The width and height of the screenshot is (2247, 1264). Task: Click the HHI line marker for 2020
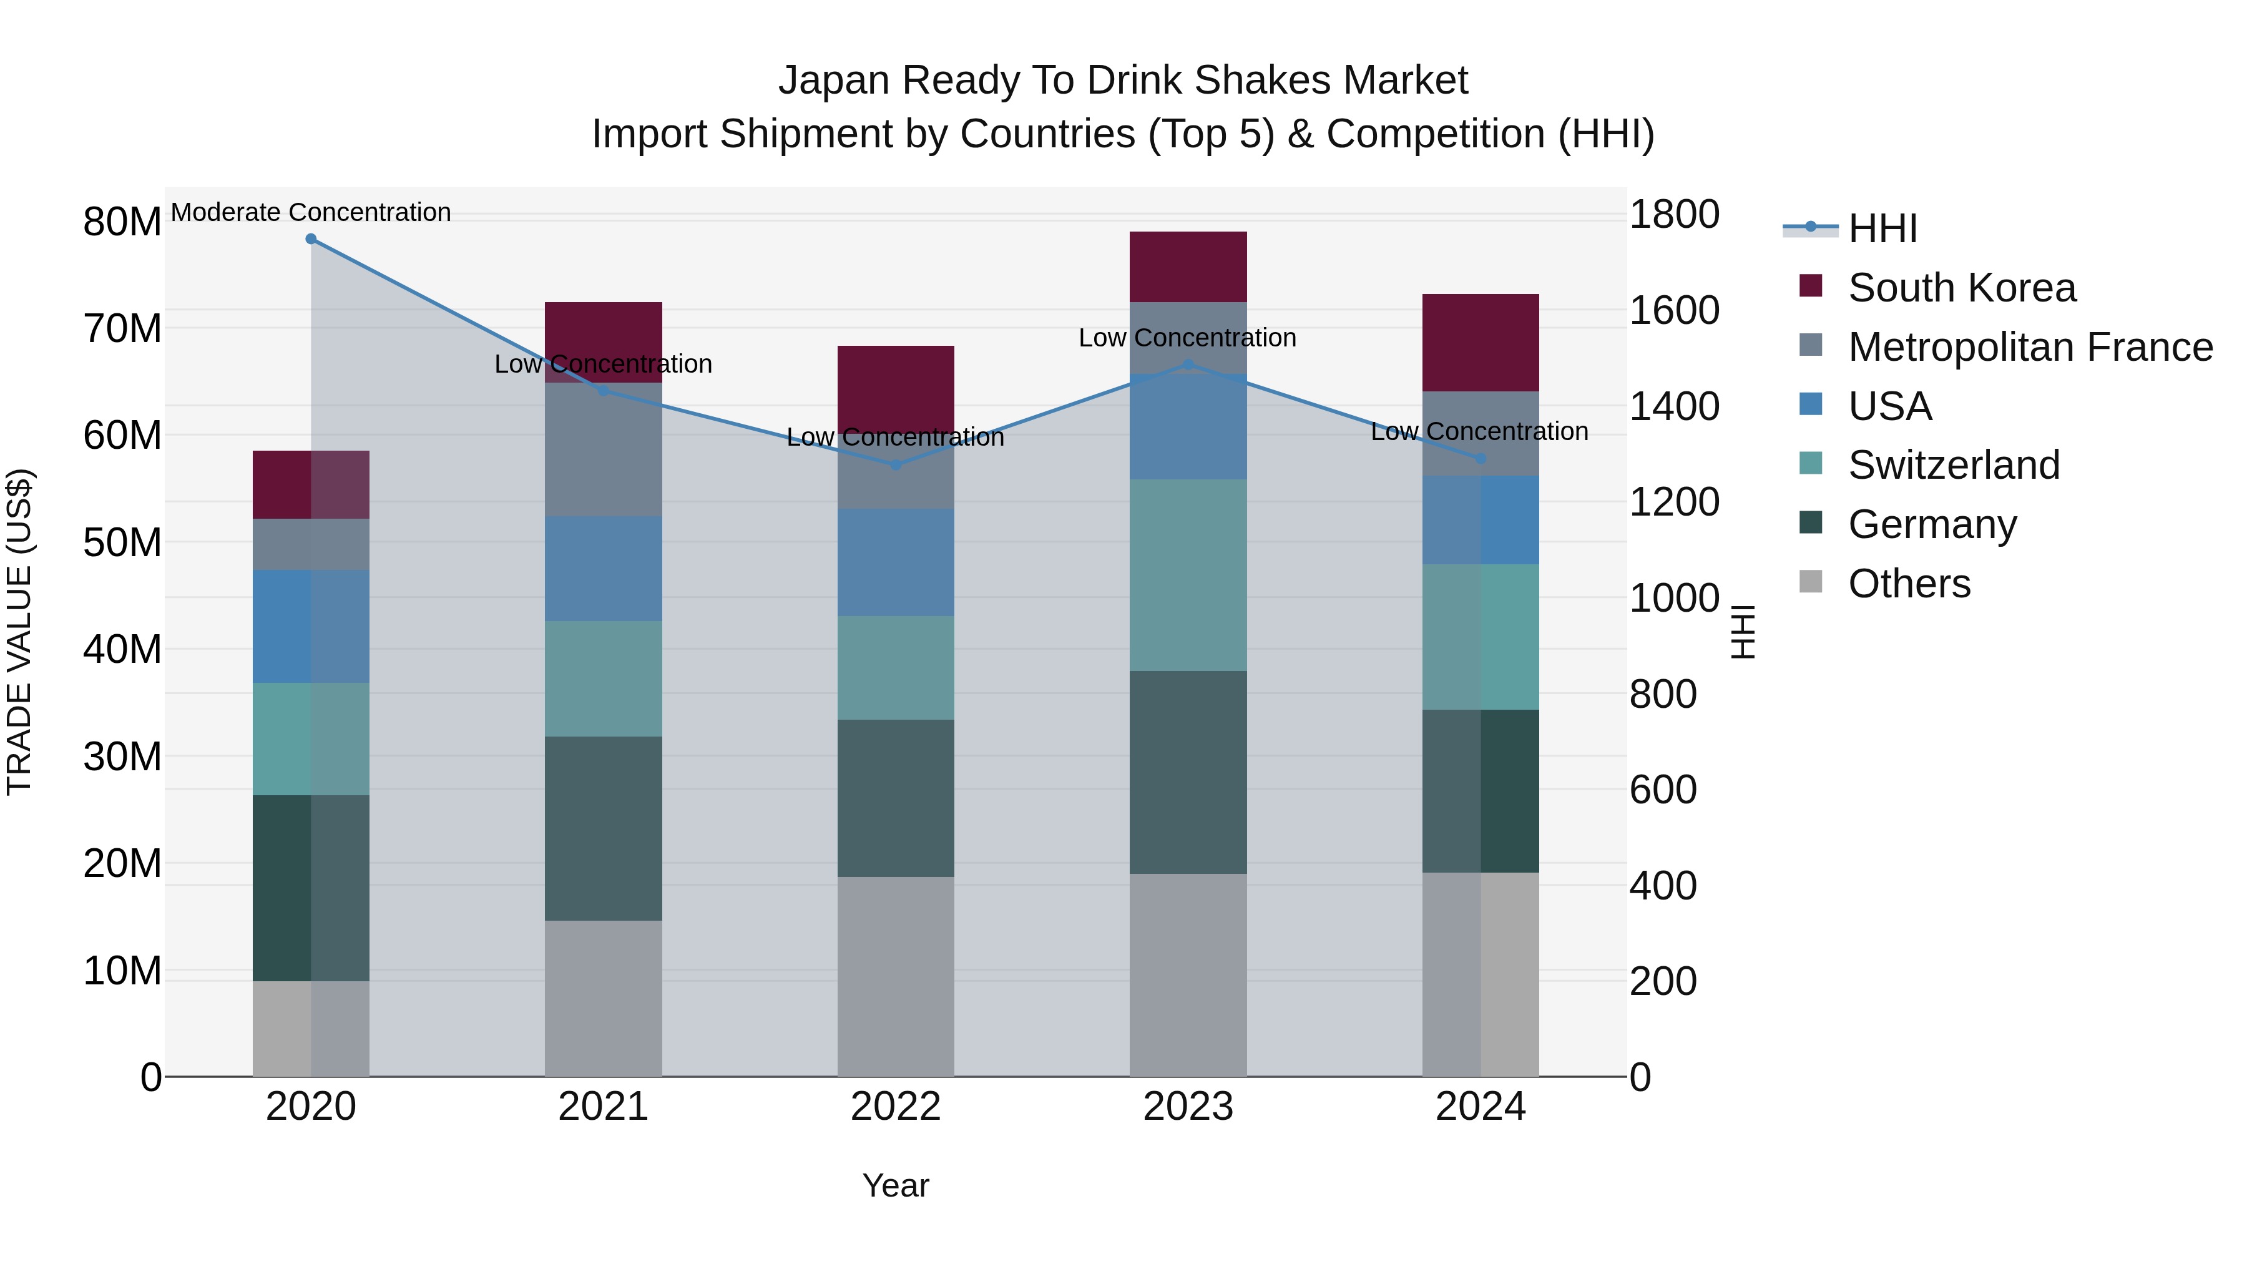[x=311, y=239]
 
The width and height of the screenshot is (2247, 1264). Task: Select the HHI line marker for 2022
[x=895, y=465]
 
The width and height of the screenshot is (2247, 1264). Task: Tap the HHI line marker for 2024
[x=1481, y=459]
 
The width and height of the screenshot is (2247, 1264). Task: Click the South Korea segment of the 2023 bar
[x=1188, y=267]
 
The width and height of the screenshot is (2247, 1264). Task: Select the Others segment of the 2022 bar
[x=895, y=976]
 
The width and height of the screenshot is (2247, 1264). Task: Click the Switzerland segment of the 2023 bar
[x=1188, y=575]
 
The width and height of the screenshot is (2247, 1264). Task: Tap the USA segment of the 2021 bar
[x=603, y=569]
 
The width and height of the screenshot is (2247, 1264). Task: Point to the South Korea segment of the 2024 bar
[x=1481, y=343]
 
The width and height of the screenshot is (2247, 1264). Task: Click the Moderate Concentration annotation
[x=311, y=212]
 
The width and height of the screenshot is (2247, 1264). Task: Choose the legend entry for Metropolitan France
[x=2029, y=347]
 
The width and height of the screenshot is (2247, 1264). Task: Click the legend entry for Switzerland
[x=1953, y=465]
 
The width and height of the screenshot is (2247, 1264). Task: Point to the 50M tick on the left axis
[x=122, y=542]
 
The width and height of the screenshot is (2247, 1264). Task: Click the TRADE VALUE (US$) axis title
[x=20, y=632]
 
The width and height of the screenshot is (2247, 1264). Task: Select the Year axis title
[x=895, y=1185]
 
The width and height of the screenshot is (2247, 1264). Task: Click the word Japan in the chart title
[x=835, y=81]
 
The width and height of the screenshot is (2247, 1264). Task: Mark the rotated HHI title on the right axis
[x=1743, y=632]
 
